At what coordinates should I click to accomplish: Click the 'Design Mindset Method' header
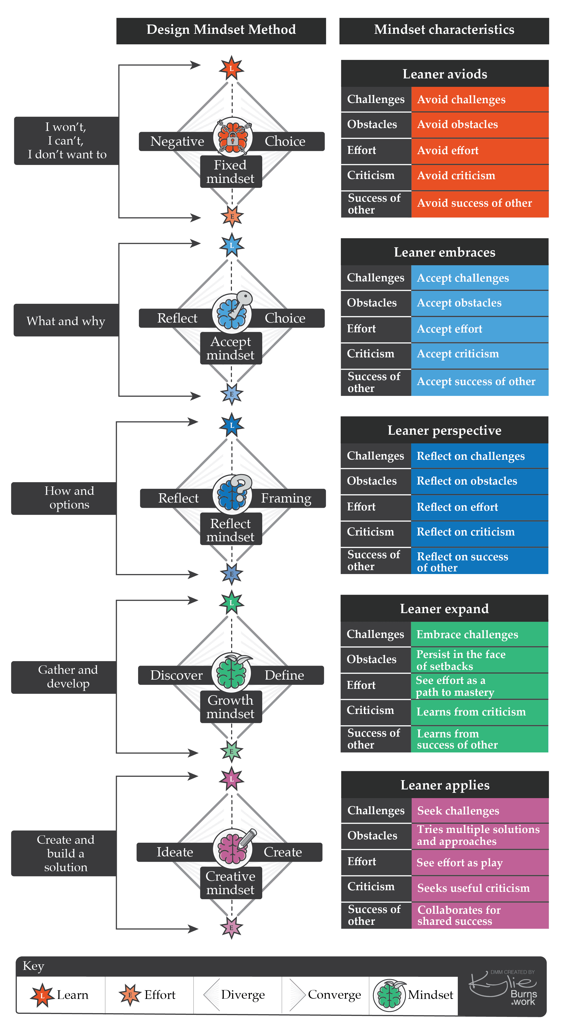221,31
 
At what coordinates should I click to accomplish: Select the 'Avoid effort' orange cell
480,151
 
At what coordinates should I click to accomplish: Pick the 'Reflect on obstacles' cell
479,481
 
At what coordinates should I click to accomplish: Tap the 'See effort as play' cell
480,862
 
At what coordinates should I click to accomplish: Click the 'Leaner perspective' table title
444,430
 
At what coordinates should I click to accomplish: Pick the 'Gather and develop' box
64,677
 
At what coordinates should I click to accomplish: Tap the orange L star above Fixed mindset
231,68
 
